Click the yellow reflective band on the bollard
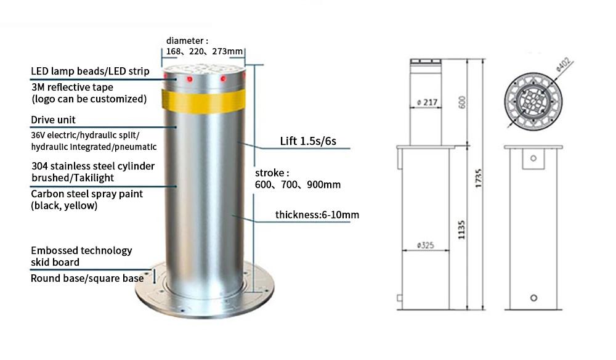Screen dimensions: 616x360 pyautogui.click(x=203, y=101)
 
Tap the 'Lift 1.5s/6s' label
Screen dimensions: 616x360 pyautogui.click(x=308, y=141)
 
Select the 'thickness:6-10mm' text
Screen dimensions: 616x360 pyautogui.click(x=317, y=215)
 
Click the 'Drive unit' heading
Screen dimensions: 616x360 pyautogui.click(x=53, y=120)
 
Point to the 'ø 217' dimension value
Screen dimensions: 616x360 pyautogui.click(x=427, y=102)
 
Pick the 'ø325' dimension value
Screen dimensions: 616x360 pyautogui.click(x=426, y=245)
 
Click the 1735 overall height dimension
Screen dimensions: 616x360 pyautogui.click(x=478, y=178)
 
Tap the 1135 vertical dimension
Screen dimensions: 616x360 pyautogui.click(x=461, y=230)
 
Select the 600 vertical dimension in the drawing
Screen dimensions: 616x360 pyautogui.click(x=462, y=102)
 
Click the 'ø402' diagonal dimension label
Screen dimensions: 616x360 pyautogui.click(x=563, y=64)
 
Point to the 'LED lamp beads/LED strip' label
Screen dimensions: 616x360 pyautogui.click(x=90, y=71)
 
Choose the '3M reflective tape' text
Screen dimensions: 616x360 pyautogui.click(x=72, y=87)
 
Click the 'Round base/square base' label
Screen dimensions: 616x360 pyautogui.click(x=87, y=278)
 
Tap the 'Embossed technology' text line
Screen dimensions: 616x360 pyautogui.click(x=81, y=251)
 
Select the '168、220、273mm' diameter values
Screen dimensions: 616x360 pyautogui.click(x=205, y=52)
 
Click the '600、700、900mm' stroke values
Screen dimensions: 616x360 pyautogui.click(x=298, y=185)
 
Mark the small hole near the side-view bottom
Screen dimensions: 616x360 pyautogui.click(x=533, y=298)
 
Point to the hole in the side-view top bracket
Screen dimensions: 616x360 pyautogui.click(x=533, y=158)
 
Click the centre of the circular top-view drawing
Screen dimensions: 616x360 pyautogui.click(x=533, y=101)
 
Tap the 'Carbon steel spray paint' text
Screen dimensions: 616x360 pyautogui.click(x=87, y=194)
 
